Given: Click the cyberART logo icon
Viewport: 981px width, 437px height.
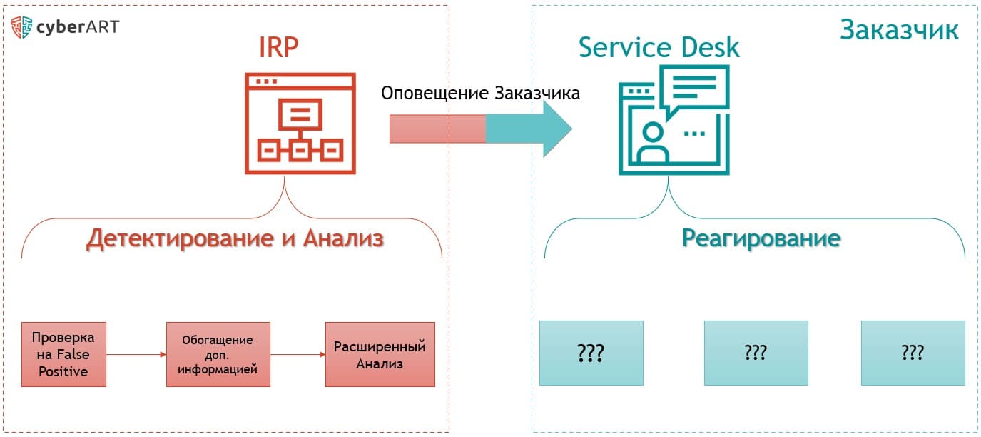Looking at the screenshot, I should [x=22, y=28].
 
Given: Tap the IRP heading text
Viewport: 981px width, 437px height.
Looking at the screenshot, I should [x=278, y=48].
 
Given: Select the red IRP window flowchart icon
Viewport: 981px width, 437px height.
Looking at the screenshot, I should [x=300, y=123].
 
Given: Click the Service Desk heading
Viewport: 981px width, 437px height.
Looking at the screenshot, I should [x=659, y=48].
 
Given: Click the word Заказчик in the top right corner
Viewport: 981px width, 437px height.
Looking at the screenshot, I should [x=899, y=30].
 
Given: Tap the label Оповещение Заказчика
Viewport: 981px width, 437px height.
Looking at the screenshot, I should [x=480, y=94].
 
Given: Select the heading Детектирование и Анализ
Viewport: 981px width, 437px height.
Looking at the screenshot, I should [x=235, y=239].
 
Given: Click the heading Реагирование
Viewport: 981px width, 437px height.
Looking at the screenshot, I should [x=761, y=238].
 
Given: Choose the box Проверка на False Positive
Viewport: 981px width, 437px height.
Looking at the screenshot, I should [x=63, y=354].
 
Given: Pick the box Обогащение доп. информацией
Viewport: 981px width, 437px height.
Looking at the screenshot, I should [x=218, y=354].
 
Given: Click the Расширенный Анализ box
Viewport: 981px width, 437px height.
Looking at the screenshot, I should [x=380, y=355].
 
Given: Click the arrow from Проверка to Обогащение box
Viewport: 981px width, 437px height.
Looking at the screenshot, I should [x=136, y=353].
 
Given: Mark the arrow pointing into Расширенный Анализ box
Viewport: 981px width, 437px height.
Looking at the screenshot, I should [x=298, y=355].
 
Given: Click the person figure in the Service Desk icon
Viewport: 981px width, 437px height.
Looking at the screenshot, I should [x=652, y=144].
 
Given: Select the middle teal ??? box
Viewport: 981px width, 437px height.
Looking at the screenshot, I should [x=756, y=353].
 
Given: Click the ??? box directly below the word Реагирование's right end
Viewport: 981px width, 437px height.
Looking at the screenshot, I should [x=913, y=353].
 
